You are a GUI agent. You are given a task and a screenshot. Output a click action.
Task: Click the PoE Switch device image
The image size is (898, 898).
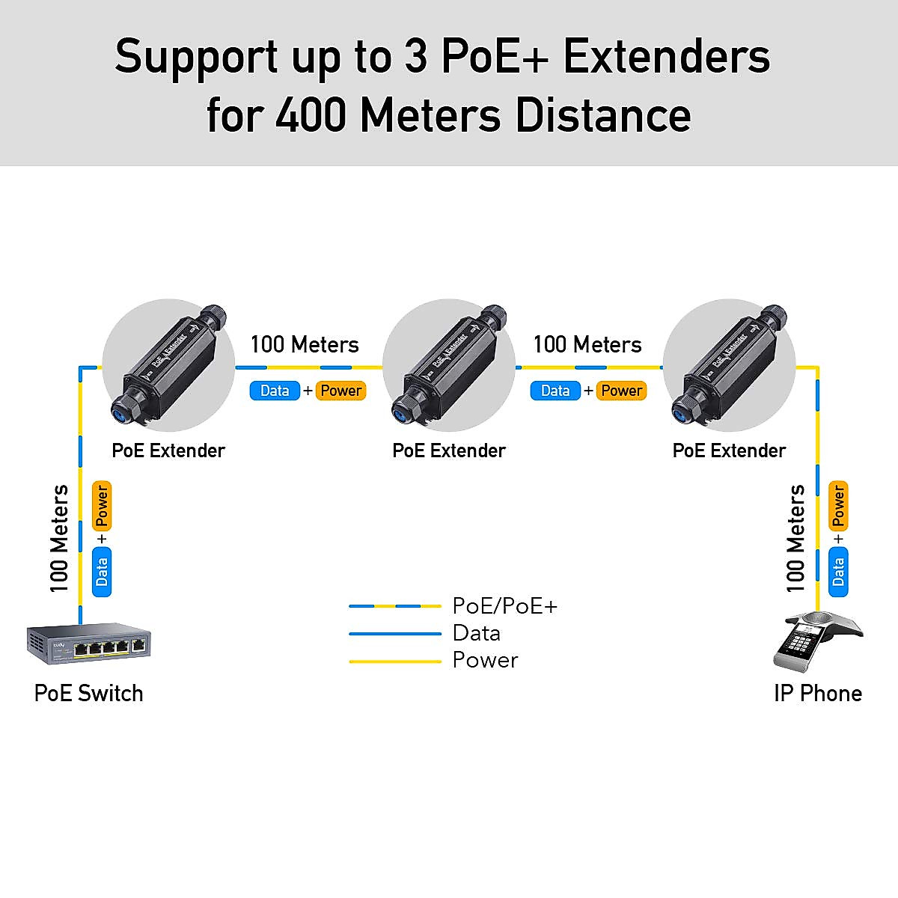point(89,644)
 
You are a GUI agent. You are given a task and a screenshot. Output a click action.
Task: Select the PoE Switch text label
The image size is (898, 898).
point(88,694)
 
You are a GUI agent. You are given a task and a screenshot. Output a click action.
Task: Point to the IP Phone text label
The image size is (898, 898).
point(817,694)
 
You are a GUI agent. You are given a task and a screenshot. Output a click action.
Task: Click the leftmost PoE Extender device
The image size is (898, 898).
point(168,364)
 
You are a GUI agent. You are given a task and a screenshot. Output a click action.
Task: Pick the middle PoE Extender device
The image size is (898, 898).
point(448,364)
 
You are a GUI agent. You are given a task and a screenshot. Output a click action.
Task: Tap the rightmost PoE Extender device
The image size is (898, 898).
point(729,364)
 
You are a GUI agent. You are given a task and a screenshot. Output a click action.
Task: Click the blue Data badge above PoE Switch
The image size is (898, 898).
point(102,572)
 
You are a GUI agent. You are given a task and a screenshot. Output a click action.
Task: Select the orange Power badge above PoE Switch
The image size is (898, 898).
point(102,506)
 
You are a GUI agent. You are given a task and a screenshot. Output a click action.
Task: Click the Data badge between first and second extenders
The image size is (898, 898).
point(275,391)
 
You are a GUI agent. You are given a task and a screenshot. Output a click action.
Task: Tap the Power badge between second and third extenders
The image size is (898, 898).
point(621,391)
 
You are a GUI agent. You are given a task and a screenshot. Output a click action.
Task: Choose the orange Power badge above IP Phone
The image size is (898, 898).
point(838,505)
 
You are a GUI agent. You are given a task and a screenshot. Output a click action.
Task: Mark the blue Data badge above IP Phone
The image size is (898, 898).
point(838,572)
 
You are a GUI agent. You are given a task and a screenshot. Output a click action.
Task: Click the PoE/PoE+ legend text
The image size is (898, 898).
point(505,606)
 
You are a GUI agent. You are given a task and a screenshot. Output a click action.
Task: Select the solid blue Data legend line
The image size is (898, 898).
point(395,634)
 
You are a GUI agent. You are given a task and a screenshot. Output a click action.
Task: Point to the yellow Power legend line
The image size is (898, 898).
point(395,662)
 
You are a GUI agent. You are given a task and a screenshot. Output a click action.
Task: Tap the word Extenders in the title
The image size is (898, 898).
point(666,57)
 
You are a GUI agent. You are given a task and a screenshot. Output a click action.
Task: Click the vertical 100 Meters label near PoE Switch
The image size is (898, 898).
point(60,539)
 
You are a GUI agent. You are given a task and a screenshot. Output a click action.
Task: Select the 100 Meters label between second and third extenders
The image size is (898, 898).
point(587,345)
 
